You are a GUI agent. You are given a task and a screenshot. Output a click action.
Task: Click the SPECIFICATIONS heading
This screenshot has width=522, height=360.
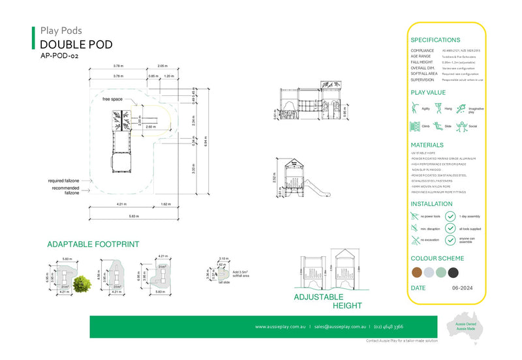[x=435, y=40]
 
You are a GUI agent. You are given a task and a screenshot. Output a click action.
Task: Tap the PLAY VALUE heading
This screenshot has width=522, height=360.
[x=427, y=93]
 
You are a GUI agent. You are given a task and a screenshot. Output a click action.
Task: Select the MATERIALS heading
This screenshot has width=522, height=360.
[x=427, y=145]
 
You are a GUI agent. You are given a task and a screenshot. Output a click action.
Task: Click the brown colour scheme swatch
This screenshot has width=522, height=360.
[x=416, y=272]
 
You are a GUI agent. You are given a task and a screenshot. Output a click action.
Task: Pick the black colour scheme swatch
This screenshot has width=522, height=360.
[x=453, y=272]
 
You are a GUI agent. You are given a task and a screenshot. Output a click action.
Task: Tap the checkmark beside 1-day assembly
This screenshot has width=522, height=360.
[x=450, y=216]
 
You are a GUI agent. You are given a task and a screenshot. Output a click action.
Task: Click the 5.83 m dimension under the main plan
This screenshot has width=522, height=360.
[x=133, y=216]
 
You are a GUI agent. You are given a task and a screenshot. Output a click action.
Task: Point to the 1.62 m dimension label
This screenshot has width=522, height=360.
[x=166, y=205]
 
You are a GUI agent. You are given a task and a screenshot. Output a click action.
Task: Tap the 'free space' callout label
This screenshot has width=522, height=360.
[x=112, y=99]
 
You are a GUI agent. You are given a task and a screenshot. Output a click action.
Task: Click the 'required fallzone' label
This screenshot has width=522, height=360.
[x=64, y=181]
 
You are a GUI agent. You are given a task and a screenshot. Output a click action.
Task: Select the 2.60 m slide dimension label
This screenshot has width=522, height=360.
[x=150, y=127]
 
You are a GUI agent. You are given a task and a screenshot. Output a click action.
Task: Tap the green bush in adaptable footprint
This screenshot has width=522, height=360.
[x=82, y=284]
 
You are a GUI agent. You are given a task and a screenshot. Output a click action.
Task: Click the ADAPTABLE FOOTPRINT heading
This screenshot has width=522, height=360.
[x=93, y=245]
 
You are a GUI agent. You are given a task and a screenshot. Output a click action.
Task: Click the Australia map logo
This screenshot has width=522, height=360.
[x=465, y=329]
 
